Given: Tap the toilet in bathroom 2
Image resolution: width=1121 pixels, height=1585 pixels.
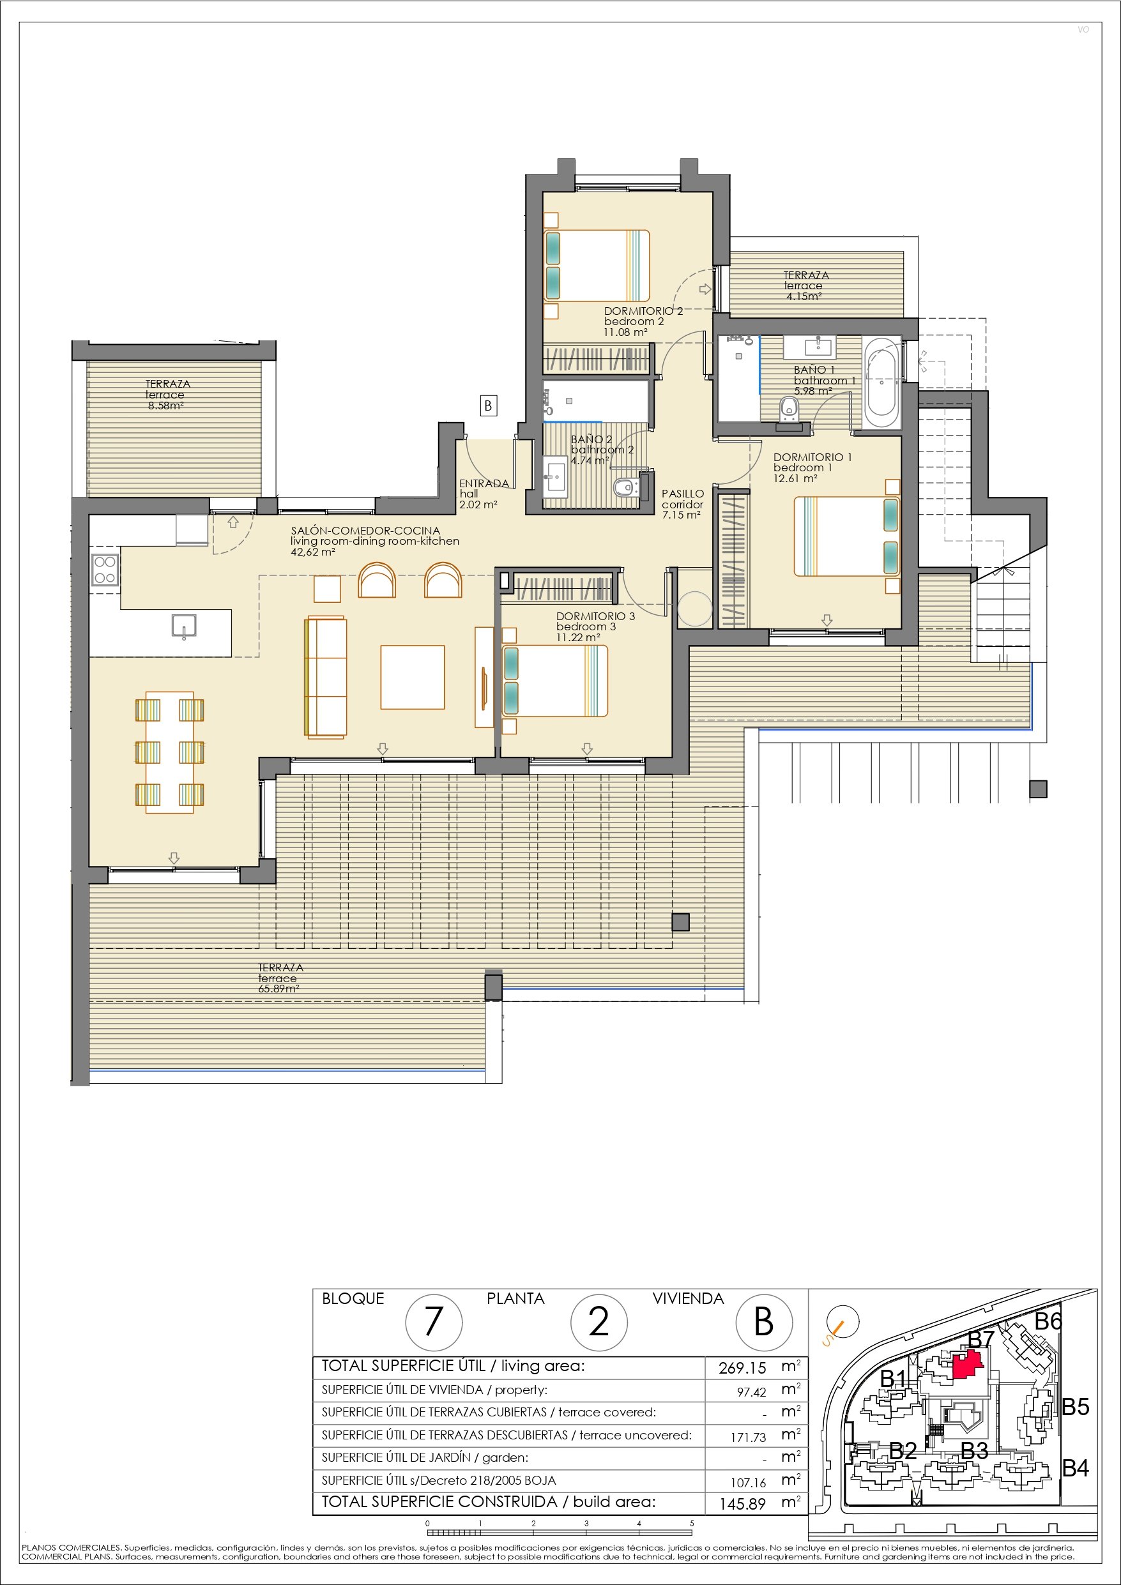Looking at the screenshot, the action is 627,487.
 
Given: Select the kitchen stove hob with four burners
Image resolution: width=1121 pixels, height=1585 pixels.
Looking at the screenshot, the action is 104,570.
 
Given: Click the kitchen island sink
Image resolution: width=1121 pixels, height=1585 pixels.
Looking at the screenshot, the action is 184,626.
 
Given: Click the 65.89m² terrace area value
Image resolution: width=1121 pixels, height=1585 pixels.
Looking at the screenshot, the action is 279,989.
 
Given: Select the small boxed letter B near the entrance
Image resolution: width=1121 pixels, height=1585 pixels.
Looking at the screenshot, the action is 489,406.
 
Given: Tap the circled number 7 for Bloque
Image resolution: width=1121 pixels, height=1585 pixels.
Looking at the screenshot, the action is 433,1322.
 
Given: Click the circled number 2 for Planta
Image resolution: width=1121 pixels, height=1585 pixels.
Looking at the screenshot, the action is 599,1322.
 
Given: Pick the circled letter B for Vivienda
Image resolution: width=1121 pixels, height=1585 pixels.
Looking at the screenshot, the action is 764,1322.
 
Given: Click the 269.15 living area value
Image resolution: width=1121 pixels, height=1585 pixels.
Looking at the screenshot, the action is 742,1367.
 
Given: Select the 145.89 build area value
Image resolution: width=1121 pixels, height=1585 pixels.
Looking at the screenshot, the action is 742,1503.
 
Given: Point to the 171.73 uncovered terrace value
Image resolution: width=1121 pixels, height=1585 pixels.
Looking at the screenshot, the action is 749,1437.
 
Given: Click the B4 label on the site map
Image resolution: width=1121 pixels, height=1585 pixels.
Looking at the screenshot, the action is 1076,1468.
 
